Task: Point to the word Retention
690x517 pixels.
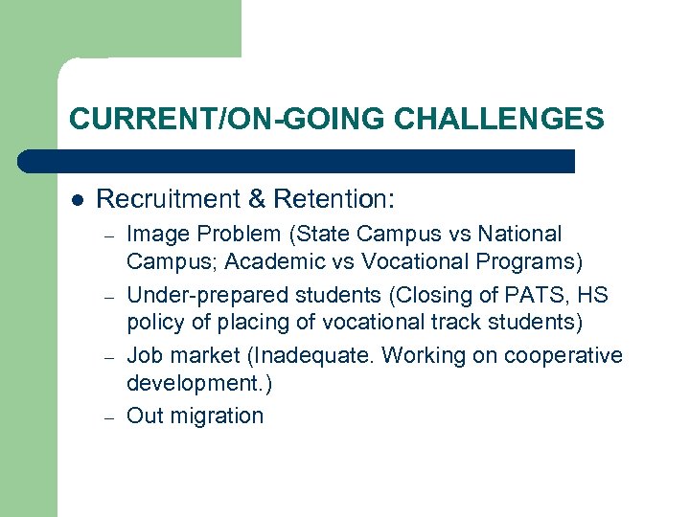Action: coord(334,199)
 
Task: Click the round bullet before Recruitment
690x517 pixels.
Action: coord(77,200)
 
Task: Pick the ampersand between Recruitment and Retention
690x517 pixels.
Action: coord(256,199)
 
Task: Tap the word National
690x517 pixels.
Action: coord(521,234)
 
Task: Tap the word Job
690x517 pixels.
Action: coord(144,356)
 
